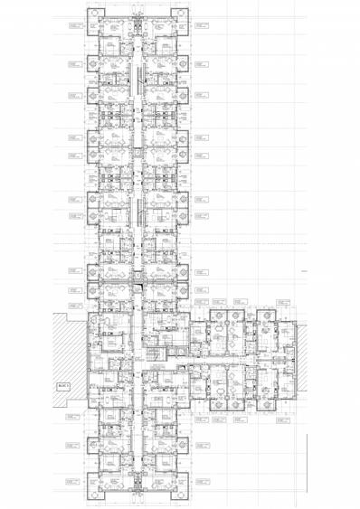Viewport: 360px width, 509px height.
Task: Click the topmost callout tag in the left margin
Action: click(74, 27)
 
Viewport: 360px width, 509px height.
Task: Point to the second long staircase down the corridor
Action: click(137, 212)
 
